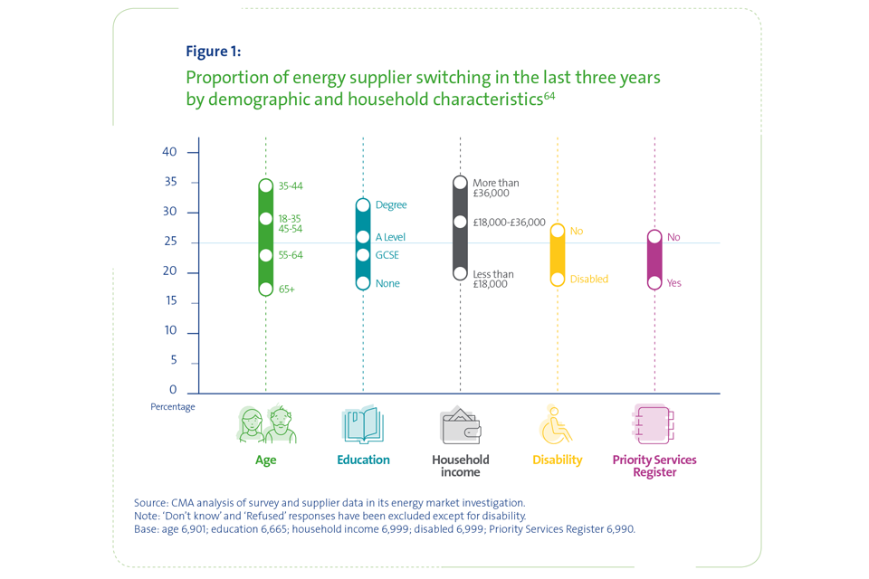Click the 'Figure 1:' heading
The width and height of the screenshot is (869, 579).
pos(213,51)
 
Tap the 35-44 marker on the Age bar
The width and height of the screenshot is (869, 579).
pos(266,186)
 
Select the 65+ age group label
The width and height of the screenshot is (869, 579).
pos(287,289)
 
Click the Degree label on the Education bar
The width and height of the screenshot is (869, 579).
pos(391,205)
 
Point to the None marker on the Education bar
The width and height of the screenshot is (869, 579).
pos(363,283)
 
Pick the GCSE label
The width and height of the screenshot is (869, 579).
pos(387,255)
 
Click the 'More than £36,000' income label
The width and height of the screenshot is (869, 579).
pos(496,188)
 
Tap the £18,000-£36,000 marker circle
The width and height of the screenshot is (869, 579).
pos(460,222)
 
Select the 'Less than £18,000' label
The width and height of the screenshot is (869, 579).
pos(493,280)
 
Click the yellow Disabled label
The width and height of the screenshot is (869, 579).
pos(588,280)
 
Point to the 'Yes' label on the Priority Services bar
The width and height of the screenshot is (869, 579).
pos(673,283)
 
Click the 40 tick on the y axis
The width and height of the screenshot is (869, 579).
pos(169,152)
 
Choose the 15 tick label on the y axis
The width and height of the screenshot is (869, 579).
pos(169,301)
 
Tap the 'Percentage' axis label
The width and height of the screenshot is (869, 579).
pos(173,407)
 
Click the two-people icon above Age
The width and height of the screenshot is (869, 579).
pos(266,424)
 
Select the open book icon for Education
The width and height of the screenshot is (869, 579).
pos(363,424)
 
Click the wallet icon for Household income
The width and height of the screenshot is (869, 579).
pos(460,425)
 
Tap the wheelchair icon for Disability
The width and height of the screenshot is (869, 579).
pos(557,425)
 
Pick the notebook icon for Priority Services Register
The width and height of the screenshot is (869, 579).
pos(654,424)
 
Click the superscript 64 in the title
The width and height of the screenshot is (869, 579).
pos(549,95)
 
